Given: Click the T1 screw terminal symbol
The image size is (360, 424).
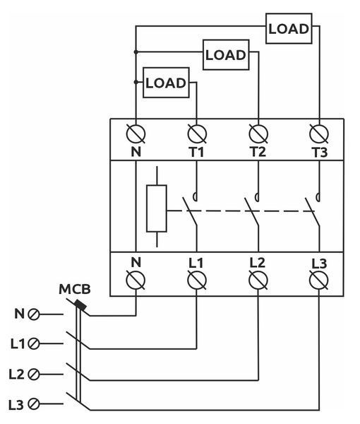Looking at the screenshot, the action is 197,134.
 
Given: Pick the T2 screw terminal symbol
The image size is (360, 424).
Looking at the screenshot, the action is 258,134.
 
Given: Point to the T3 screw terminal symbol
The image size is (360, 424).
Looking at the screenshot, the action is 319,134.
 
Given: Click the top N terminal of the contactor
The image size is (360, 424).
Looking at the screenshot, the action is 136,134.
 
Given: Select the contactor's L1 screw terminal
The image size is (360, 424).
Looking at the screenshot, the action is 197,280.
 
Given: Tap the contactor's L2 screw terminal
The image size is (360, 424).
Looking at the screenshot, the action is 258,280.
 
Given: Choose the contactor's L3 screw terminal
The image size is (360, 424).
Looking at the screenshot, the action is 319,280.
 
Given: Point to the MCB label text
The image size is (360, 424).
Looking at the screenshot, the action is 75,289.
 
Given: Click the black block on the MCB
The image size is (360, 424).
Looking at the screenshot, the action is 80,305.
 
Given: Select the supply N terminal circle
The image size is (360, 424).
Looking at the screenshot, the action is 34,314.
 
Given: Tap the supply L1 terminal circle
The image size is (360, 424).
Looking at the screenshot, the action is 34,343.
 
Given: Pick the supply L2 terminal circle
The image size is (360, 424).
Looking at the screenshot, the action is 34,375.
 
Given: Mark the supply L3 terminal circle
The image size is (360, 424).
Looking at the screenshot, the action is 34,404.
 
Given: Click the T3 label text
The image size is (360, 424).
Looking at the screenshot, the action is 320,153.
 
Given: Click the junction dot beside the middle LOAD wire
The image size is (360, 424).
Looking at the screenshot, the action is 136,52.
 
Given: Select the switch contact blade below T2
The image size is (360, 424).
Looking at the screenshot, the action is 252,211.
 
